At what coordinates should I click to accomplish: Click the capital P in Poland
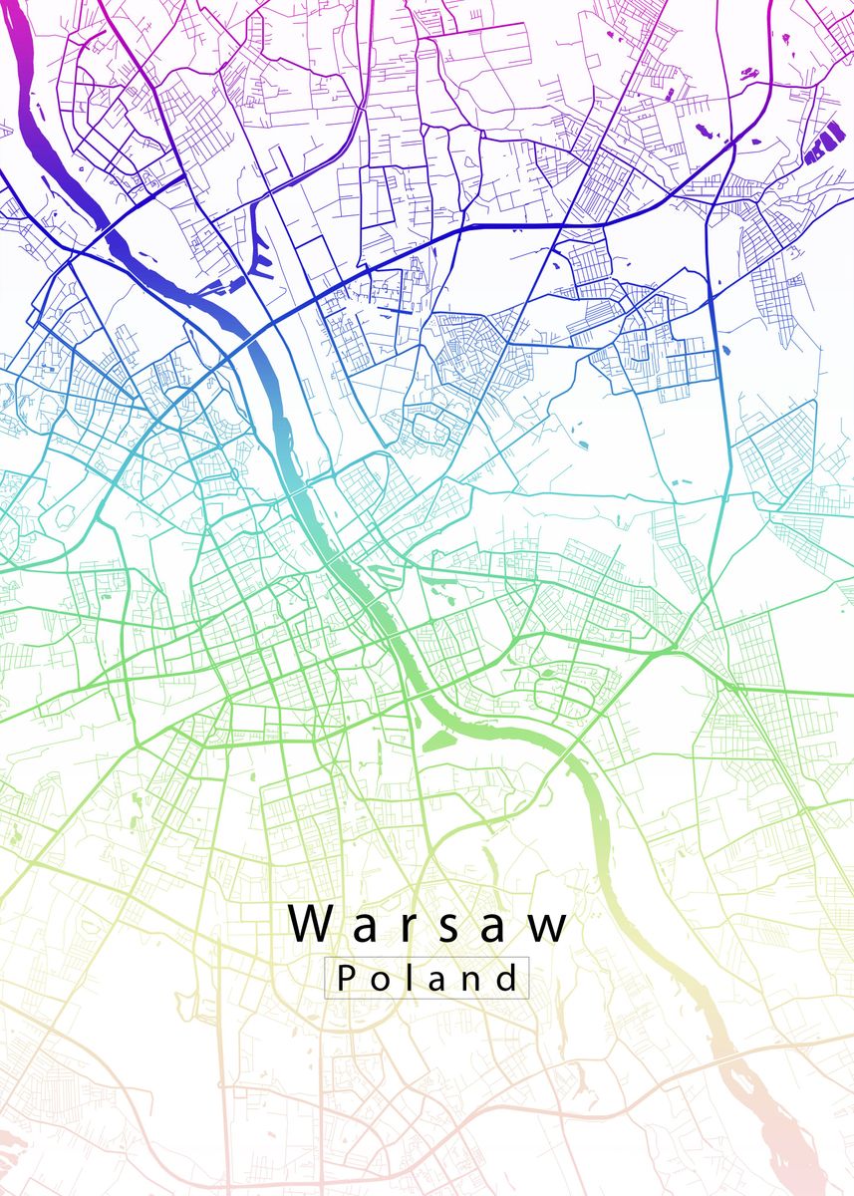pos(345,978)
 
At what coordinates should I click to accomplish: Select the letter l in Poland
pos(404,977)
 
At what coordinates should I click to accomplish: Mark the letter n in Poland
pos(468,981)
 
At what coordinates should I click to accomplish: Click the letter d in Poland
pos(504,978)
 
